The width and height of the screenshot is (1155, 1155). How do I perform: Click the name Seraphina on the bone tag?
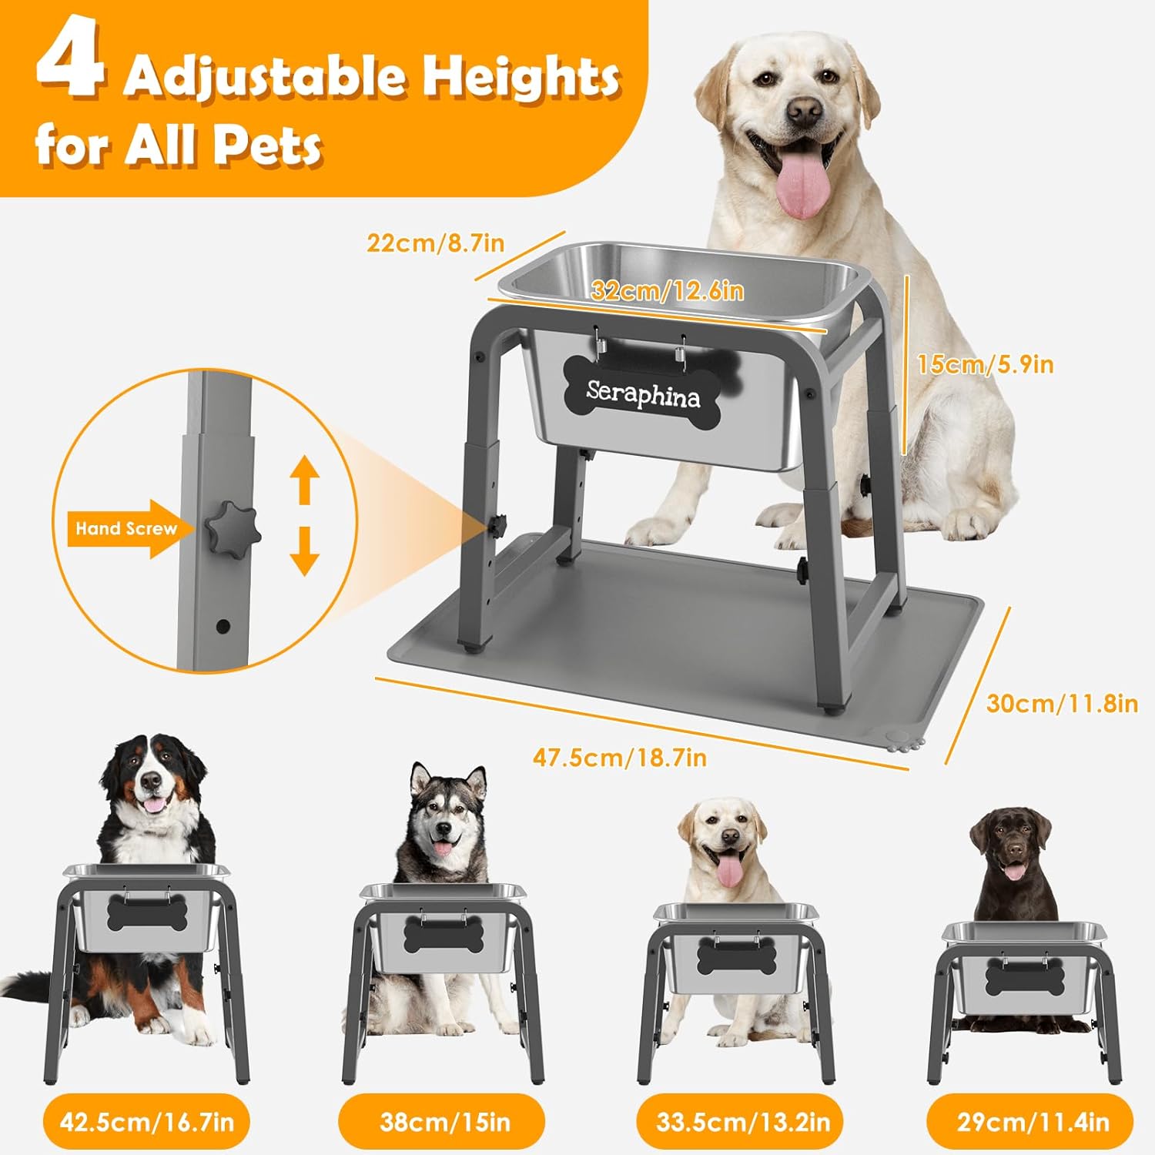pyautogui.click(x=643, y=393)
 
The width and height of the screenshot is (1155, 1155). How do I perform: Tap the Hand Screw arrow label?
pyautogui.click(x=126, y=529)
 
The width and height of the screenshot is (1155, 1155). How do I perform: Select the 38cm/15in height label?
pyautogui.click(x=445, y=1121)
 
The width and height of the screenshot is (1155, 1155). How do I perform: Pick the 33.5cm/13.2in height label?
pyautogui.click(x=743, y=1121)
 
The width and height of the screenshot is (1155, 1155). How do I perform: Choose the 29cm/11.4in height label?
pyautogui.click(x=1033, y=1121)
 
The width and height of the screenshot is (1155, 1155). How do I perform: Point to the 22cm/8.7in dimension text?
pyautogui.click(x=435, y=243)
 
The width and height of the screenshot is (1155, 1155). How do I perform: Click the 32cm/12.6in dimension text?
pyautogui.click(x=667, y=290)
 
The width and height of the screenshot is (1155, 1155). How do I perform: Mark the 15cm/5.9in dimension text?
pyautogui.click(x=985, y=364)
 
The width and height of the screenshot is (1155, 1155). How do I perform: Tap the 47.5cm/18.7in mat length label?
pyautogui.click(x=620, y=758)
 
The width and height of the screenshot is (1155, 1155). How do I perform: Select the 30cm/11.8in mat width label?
pyautogui.click(x=1062, y=703)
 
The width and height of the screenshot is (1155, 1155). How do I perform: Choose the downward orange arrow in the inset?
pyautogui.click(x=305, y=551)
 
